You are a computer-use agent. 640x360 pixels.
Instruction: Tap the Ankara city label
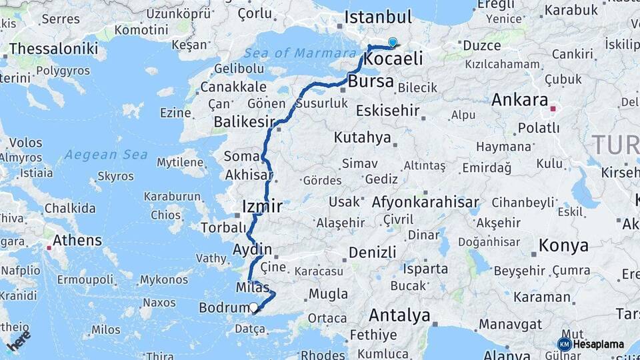[520, 101]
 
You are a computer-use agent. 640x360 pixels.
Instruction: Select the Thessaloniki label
[54, 49]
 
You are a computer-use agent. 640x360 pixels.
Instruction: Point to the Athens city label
[77, 240]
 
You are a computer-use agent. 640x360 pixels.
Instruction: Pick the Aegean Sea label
[106, 155]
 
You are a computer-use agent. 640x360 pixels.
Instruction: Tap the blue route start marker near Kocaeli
[393, 43]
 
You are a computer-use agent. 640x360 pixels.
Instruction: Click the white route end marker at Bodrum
[253, 307]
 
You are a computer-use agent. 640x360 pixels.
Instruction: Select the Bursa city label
[371, 83]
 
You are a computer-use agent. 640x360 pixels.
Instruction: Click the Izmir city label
[262, 206]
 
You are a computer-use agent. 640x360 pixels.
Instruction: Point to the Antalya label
[399, 315]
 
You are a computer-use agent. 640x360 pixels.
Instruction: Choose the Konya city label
[563, 245]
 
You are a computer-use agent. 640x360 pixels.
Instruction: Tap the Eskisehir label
[387, 110]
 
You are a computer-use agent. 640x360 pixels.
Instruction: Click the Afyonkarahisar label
[425, 202]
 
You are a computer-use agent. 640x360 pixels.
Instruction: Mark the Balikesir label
[244, 122]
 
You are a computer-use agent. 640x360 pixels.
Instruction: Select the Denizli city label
[372, 253]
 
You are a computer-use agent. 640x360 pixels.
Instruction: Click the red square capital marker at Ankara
[553, 107]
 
